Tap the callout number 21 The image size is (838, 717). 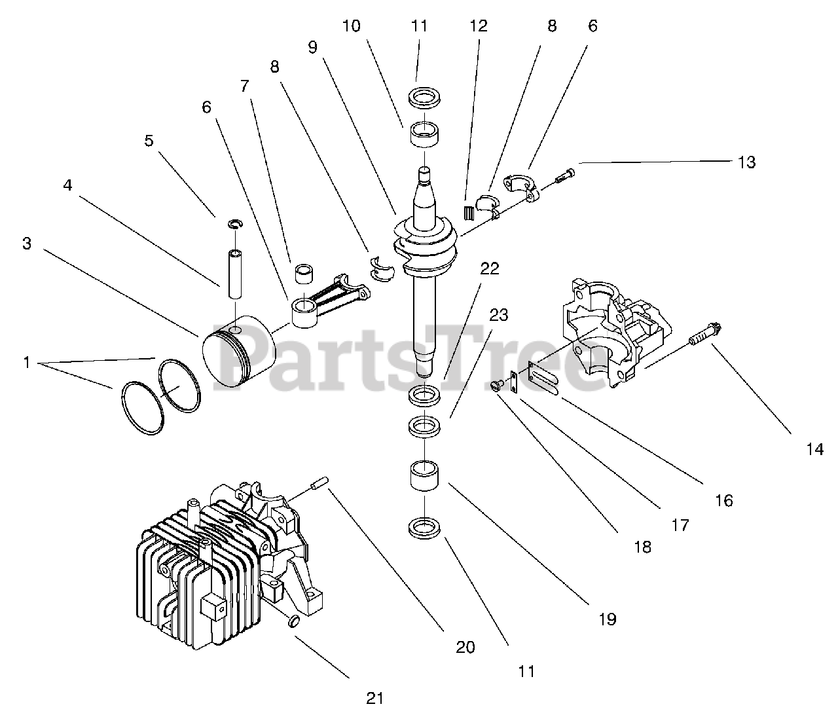click(x=374, y=698)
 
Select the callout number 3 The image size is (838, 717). click(x=27, y=244)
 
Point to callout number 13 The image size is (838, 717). click(x=746, y=162)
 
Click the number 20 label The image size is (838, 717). click(x=465, y=647)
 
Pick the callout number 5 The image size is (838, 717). click(x=149, y=140)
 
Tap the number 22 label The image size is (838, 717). click(x=490, y=268)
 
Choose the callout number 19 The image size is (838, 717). click(x=607, y=619)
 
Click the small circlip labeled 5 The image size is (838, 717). click(x=234, y=225)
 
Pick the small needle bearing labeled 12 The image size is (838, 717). click(x=468, y=213)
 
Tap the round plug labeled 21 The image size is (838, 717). click(x=295, y=621)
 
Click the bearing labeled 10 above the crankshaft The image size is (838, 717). click(x=423, y=135)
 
